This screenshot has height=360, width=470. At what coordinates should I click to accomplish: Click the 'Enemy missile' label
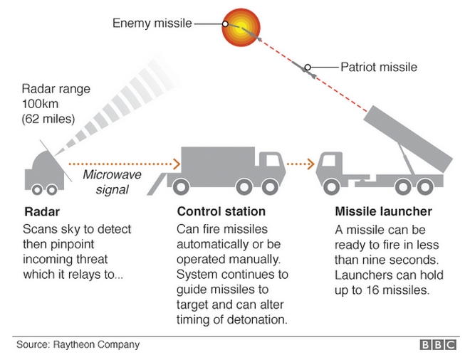click(152, 23)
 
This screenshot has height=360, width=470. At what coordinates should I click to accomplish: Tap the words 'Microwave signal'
click(106, 183)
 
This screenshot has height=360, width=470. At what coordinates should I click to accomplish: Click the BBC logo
click(439, 346)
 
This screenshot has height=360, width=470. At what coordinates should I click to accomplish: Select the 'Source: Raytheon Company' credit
click(78, 346)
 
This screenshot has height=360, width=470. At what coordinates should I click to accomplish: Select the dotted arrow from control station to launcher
click(299, 163)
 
